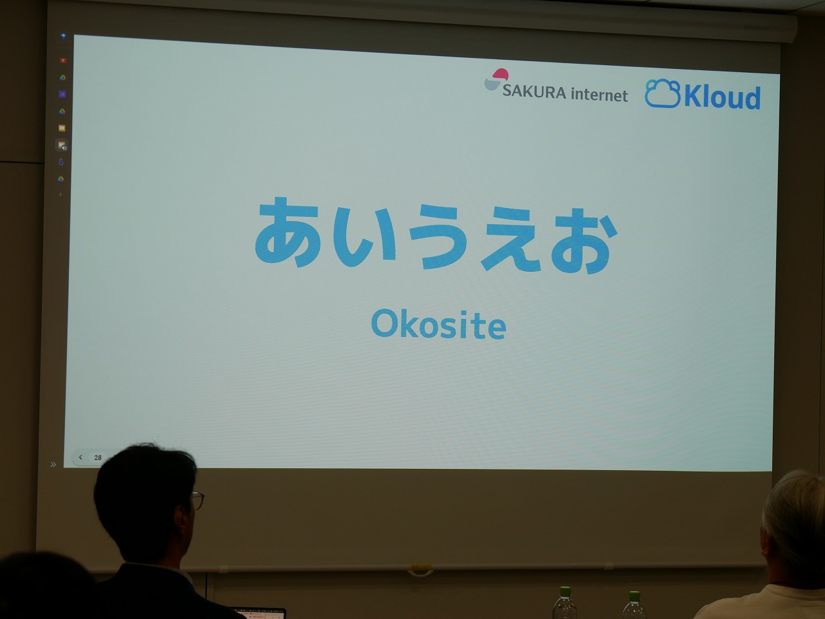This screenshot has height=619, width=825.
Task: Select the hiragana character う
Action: tap(438, 236)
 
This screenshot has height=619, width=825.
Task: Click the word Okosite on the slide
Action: tap(439, 325)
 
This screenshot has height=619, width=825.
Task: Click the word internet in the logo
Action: tap(599, 95)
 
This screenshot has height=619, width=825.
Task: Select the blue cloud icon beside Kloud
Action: tap(662, 93)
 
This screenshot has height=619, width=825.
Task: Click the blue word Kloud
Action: tap(722, 97)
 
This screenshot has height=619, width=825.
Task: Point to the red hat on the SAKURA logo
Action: tap(501, 74)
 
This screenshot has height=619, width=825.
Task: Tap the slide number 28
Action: tap(98, 457)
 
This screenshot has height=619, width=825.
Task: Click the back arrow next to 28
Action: tap(81, 457)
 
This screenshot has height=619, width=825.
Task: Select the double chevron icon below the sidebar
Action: tap(53, 464)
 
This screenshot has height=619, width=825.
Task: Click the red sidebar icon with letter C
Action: tap(63, 60)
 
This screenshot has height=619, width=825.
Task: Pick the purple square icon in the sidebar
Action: tap(63, 94)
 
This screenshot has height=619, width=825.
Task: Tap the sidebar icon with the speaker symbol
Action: tap(62, 146)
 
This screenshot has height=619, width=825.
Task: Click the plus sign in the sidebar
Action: tap(60, 195)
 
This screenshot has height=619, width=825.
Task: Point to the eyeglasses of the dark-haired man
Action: tap(198, 500)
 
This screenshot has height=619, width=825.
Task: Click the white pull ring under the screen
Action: tap(421, 572)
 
